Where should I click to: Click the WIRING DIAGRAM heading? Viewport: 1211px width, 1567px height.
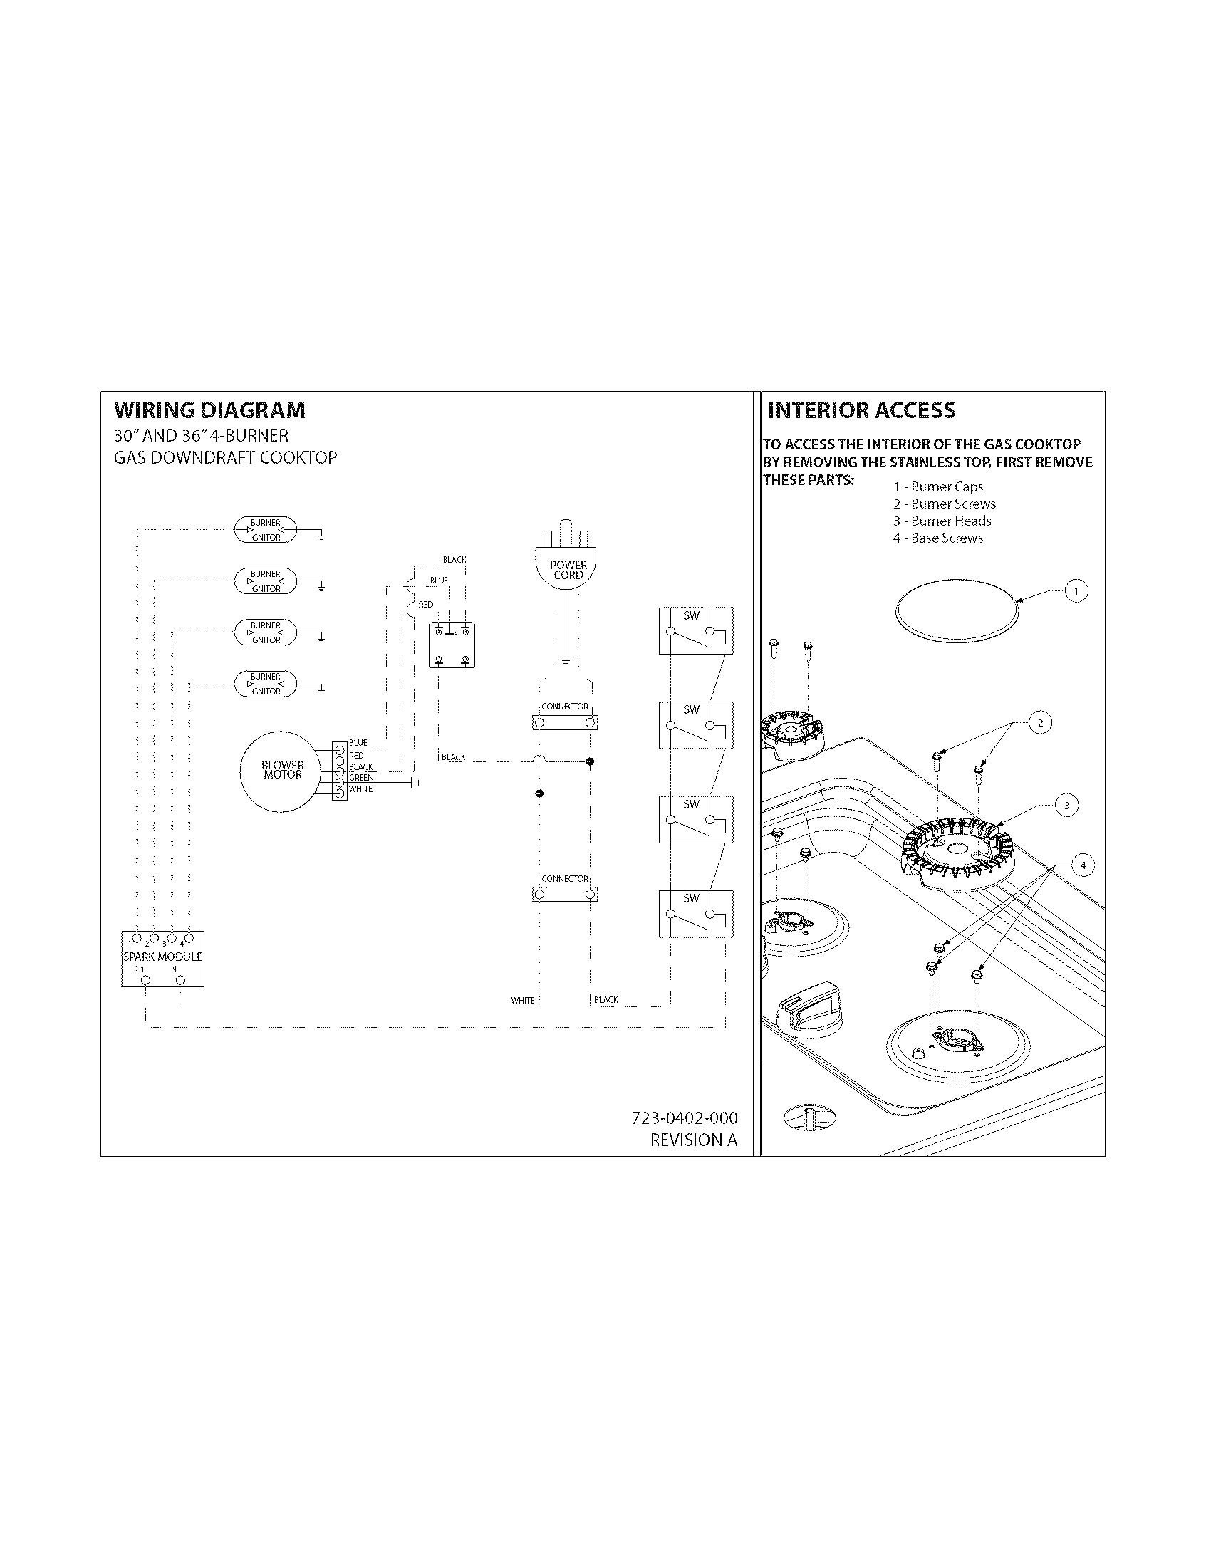coord(209,410)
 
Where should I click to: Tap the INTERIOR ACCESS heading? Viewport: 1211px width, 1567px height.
coord(861,410)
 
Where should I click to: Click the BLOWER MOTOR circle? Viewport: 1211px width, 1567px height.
coord(282,770)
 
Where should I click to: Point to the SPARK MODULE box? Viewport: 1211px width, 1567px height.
coord(163,959)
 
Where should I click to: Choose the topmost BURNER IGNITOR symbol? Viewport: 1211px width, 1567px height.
coord(265,530)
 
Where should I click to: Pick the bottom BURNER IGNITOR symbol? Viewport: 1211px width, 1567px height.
coord(265,684)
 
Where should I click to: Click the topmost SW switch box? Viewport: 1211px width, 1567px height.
coord(695,630)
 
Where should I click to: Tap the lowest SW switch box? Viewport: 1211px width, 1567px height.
coord(695,913)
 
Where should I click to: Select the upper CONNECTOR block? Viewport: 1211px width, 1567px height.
coord(565,722)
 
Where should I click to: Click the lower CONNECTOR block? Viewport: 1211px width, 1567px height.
coord(565,894)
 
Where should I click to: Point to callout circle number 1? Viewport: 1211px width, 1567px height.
coord(1076,591)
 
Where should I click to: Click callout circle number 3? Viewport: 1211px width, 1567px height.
coord(1066,806)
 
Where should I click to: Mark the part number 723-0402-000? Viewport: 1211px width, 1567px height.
coord(684,1118)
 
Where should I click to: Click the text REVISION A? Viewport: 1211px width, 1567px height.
coord(693,1140)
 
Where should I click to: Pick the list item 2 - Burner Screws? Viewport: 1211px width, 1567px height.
coord(944,504)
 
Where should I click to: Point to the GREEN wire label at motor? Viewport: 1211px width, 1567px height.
coord(361,778)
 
